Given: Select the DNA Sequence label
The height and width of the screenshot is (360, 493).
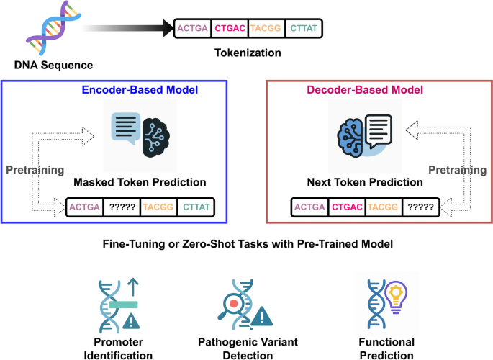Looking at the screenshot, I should point(53,66).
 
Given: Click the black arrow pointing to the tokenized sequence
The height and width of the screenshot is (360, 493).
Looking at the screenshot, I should point(130,29).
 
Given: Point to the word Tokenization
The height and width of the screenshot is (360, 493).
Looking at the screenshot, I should point(248,53).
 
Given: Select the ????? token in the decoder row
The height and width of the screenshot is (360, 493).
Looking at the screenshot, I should point(420,208).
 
